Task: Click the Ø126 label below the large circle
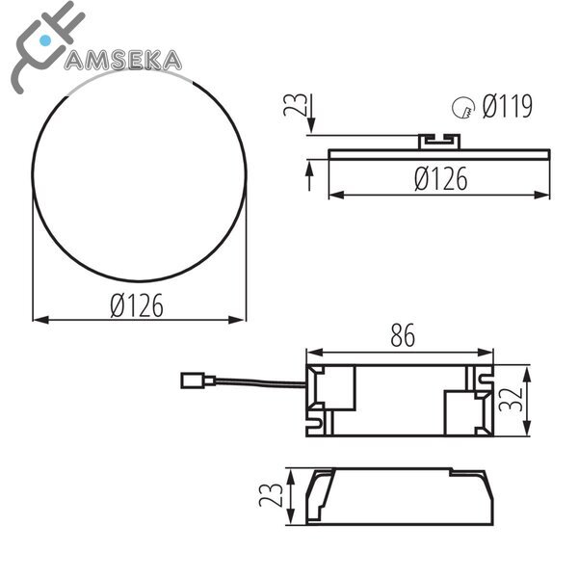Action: pyautogui.click(x=137, y=305)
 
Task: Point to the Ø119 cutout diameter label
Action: pyautogui.click(x=507, y=106)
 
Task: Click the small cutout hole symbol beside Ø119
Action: pyautogui.click(x=464, y=108)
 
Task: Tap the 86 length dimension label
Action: pyautogui.click(x=402, y=336)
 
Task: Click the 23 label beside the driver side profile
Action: pyautogui.click(x=275, y=495)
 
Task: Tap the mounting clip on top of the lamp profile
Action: pyautogui.click(x=440, y=141)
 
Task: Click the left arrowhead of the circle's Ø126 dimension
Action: pyautogui.click(x=39, y=320)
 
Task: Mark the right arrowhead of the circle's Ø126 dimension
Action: pyautogui.click(x=240, y=320)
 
